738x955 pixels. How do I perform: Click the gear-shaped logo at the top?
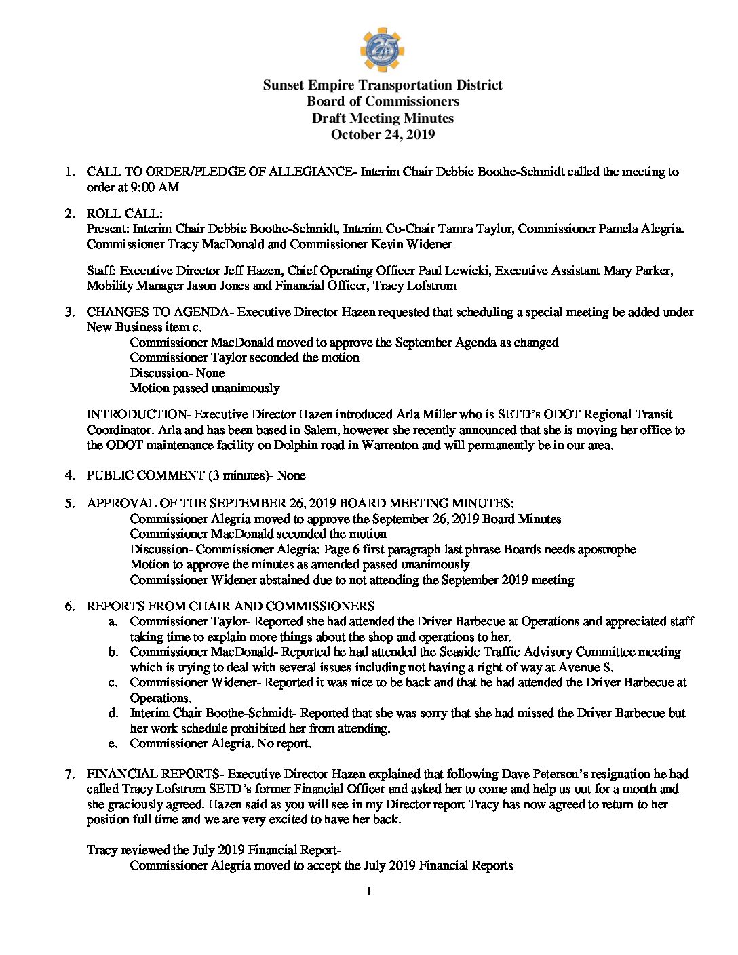tap(382, 50)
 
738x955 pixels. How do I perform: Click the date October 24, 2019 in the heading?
tap(383, 134)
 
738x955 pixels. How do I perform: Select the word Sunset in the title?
tap(284, 85)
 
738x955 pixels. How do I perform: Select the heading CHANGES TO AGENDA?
tap(157, 312)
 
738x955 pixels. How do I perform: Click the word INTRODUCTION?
tap(137, 414)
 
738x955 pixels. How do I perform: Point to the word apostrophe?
tap(606, 549)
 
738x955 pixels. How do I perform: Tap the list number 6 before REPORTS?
tap(69, 606)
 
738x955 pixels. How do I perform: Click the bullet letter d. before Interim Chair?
tap(113, 713)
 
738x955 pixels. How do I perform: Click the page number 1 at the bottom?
tap(369, 891)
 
